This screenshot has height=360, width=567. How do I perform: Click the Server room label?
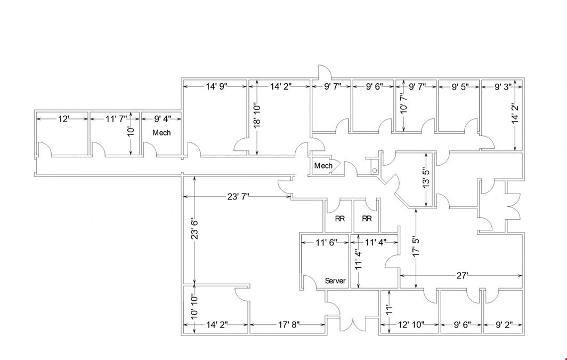point(335,281)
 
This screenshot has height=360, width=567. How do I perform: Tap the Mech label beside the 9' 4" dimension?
point(161,133)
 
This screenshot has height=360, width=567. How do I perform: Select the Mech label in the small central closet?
point(323,166)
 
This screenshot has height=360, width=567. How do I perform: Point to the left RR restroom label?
point(340,219)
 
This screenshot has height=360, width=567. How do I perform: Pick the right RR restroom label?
point(367,219)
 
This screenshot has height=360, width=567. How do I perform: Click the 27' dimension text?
point(462,276)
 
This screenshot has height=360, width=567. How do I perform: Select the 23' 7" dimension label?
point(238,197)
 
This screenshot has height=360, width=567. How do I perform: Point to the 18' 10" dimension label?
point(257,116)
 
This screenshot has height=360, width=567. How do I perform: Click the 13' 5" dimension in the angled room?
point(427,177)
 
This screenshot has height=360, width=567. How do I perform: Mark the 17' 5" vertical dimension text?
point(417,247)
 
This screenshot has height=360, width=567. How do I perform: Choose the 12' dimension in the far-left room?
point(63,119)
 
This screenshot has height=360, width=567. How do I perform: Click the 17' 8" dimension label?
point(289,325)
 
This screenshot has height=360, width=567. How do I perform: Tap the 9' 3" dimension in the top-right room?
point(503,86)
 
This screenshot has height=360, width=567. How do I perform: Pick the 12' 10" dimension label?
point(411,325)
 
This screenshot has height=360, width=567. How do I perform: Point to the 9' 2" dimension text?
point(504,325)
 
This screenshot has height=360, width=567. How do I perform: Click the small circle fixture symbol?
point(375,170)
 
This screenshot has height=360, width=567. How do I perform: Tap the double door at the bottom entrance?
point(353,323)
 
